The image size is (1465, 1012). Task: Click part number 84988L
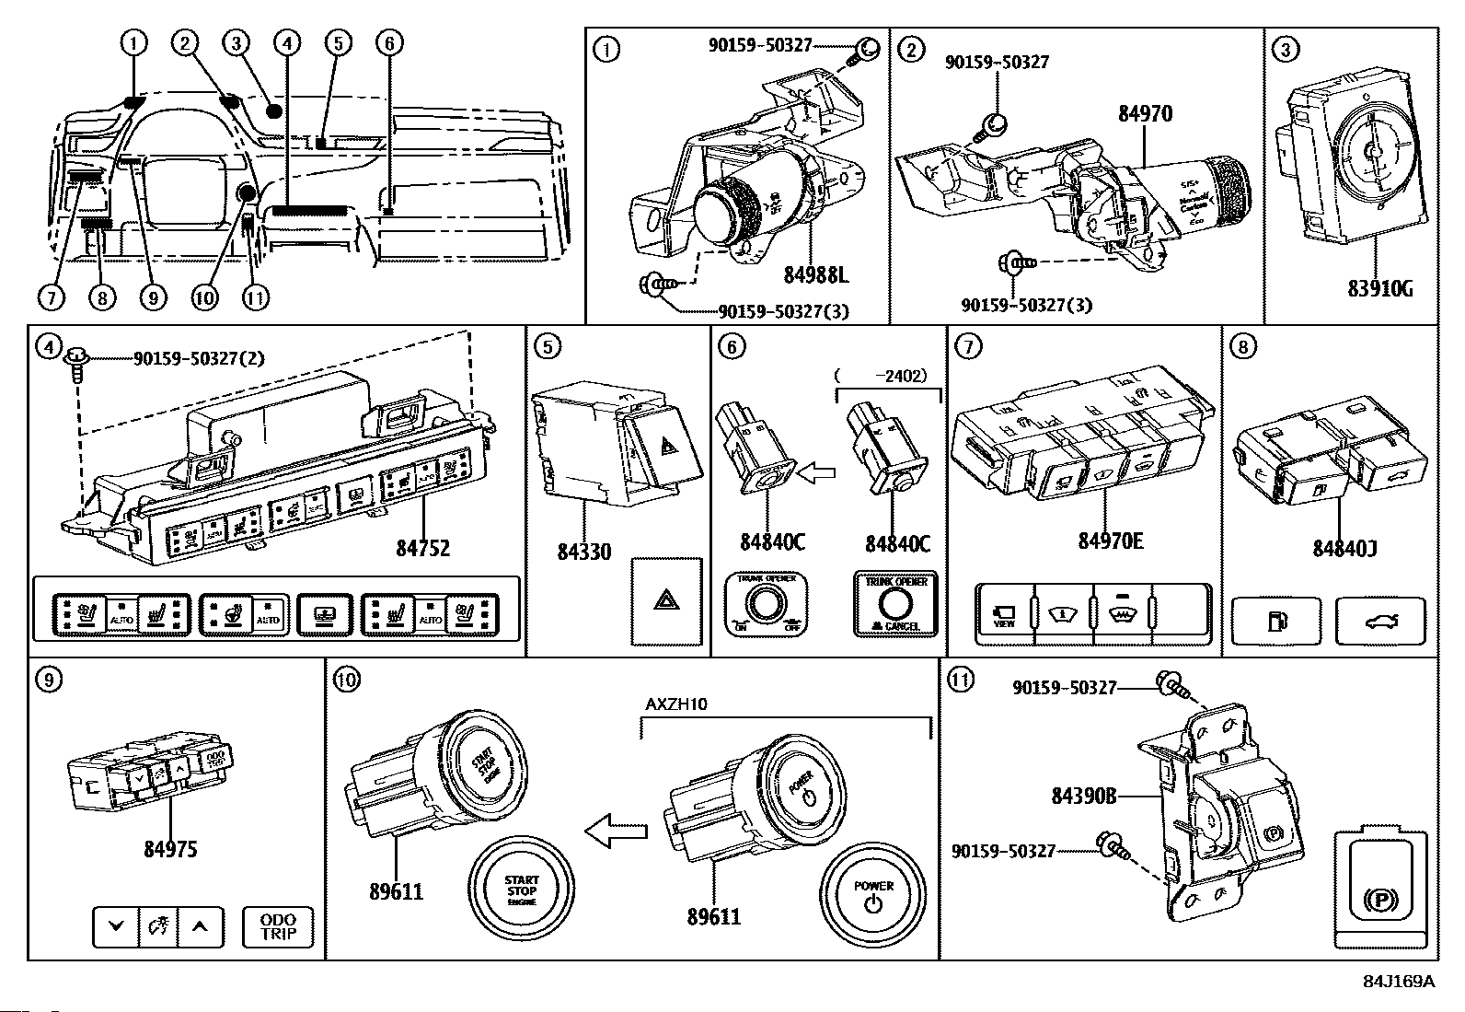point(816,274)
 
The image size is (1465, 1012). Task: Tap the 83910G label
point(1379,288)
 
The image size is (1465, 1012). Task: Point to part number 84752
point(423,548)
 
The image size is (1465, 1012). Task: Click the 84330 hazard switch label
point(583,552)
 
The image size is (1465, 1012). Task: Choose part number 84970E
point(1111,541)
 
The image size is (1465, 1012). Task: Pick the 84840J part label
point(1344,549)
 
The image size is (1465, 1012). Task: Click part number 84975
point(170,848)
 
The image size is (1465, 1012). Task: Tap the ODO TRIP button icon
point(278,927)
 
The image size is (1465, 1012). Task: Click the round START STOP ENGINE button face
point(521,890)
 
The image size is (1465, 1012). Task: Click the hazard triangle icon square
point(666,601)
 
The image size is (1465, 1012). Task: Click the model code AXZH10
point(675,704)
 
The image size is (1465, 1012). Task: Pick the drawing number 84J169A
point(1399,982)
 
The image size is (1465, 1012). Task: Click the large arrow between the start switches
point(617,832)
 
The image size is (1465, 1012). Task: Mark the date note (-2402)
point(882,376)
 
